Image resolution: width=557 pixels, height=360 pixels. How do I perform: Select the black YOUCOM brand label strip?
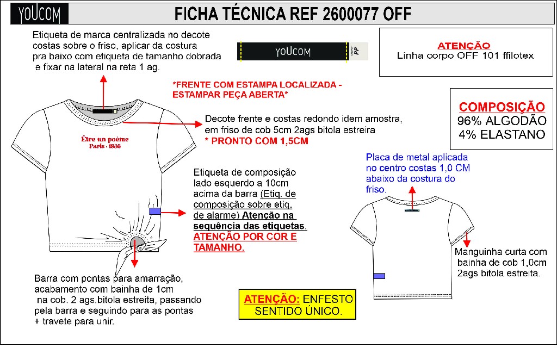[x=293, y=51]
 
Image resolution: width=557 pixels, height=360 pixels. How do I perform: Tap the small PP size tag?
[x=356, y=51]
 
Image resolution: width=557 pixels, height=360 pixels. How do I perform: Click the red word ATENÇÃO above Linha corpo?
[x=463, y=46]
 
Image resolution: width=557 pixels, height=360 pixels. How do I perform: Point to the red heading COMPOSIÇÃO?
[x=502, y=107]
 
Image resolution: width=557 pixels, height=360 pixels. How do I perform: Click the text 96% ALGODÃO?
[x=502, y=121]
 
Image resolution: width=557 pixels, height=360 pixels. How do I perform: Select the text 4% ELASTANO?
[x=502, y=134]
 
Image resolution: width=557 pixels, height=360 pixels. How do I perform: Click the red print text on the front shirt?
[x=101, y=142]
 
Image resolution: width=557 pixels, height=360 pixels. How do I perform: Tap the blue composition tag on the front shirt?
[x=154, y=211]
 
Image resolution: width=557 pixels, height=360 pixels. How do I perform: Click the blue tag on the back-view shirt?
[x=379, y=276]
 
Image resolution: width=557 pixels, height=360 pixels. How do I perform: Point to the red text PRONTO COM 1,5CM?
[x=256, y=141]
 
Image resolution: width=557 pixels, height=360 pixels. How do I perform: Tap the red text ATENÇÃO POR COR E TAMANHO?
[x=245, y=242]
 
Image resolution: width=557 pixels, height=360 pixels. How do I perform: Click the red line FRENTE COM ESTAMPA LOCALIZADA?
[x=257, y=86]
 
